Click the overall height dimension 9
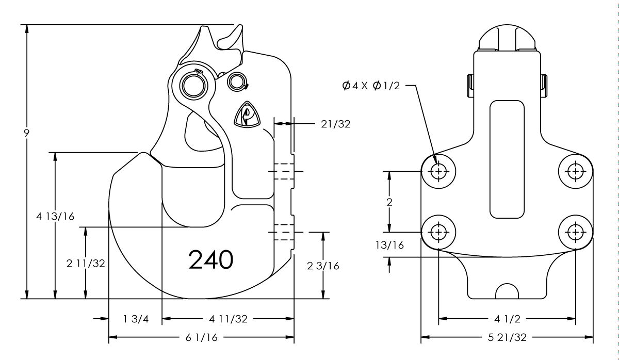[26, 132]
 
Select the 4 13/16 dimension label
[55, 216]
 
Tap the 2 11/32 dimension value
[86, 264]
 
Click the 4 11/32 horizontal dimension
[228, 319]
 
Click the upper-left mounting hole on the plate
[439, 171]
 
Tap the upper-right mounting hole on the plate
[575, 171]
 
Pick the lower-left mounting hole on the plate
[439, 232]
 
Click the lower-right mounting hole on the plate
[575, 232]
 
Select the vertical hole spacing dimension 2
[390, 202]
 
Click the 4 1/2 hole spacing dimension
[507, 319]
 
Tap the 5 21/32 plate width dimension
[507, 338]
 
